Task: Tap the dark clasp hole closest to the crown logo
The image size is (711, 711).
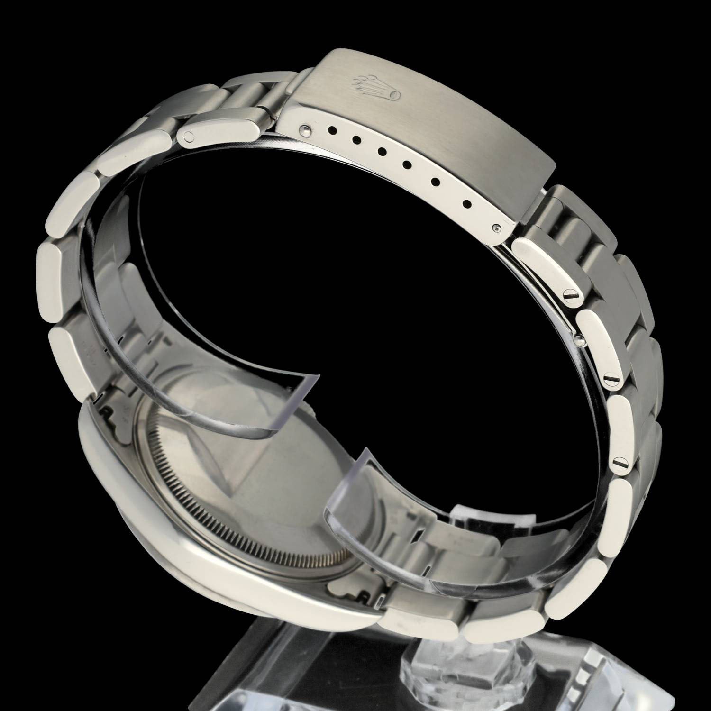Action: pos(331,128)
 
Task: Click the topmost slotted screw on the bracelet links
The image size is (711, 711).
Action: pos(571,296)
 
